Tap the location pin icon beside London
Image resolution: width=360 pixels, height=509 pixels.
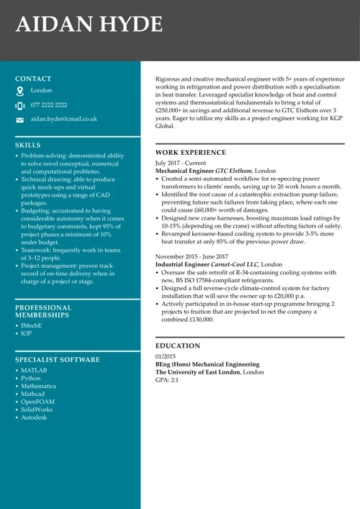20,91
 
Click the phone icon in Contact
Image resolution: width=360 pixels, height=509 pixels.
20,105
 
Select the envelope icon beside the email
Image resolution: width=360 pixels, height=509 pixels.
20,119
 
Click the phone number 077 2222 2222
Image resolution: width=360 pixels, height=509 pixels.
49,104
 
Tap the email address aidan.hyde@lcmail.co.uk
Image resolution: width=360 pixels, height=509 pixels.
64,118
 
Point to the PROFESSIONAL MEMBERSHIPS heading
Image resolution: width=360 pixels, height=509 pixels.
43,311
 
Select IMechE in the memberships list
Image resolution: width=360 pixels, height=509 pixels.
31,325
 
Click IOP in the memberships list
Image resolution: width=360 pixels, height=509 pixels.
26,335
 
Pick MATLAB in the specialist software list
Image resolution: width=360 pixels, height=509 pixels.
34,370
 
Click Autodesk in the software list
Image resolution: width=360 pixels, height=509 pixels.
34,417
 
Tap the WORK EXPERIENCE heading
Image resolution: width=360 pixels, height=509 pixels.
191,153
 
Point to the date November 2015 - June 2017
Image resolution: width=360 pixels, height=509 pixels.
192,256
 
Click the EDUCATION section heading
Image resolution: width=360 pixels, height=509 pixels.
178,346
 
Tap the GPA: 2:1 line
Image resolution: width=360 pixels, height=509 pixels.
167,379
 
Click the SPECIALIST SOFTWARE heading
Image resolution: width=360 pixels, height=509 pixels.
58,359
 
